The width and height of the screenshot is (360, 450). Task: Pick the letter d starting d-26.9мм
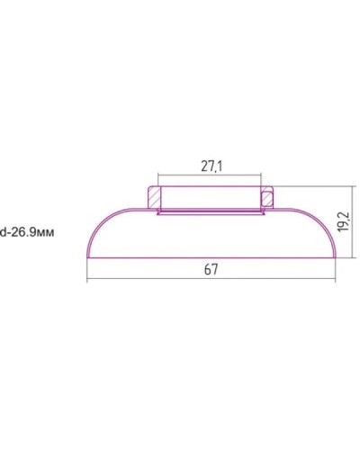pos(4,231)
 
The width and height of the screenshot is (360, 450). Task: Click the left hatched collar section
pos(153,194)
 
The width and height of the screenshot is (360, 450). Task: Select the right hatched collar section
pos(266,194)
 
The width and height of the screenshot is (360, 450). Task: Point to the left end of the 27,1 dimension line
pos(158,175)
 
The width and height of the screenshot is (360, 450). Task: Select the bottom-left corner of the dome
pos(88,257)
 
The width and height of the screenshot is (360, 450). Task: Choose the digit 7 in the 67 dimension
pos(217,269)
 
